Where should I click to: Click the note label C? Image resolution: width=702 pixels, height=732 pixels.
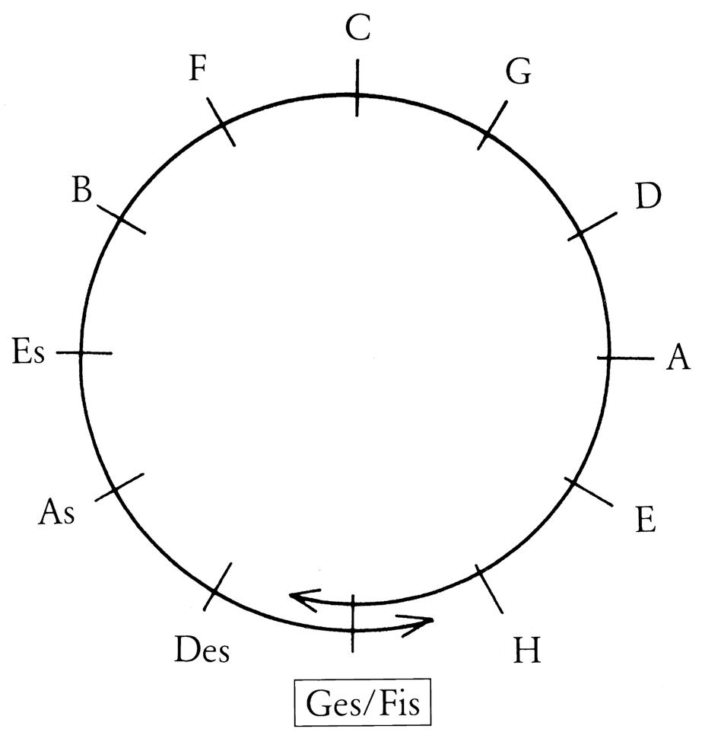coord(357,28)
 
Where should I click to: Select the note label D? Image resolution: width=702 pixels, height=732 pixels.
coord(649,197)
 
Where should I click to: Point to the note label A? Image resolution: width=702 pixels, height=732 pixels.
coord(677,358)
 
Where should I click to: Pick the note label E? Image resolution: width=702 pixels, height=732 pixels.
coord(644,521)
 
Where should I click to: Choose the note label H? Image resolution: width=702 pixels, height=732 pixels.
coord(526,651)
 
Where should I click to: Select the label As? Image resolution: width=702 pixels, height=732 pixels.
coord(57,512)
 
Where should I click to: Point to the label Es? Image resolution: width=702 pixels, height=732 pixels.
coord(29,353)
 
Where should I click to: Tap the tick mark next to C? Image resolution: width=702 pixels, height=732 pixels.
coord(356,89)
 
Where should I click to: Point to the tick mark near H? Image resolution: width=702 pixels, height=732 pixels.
coord(489,589)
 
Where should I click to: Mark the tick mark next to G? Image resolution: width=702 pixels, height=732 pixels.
coord(492,125)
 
